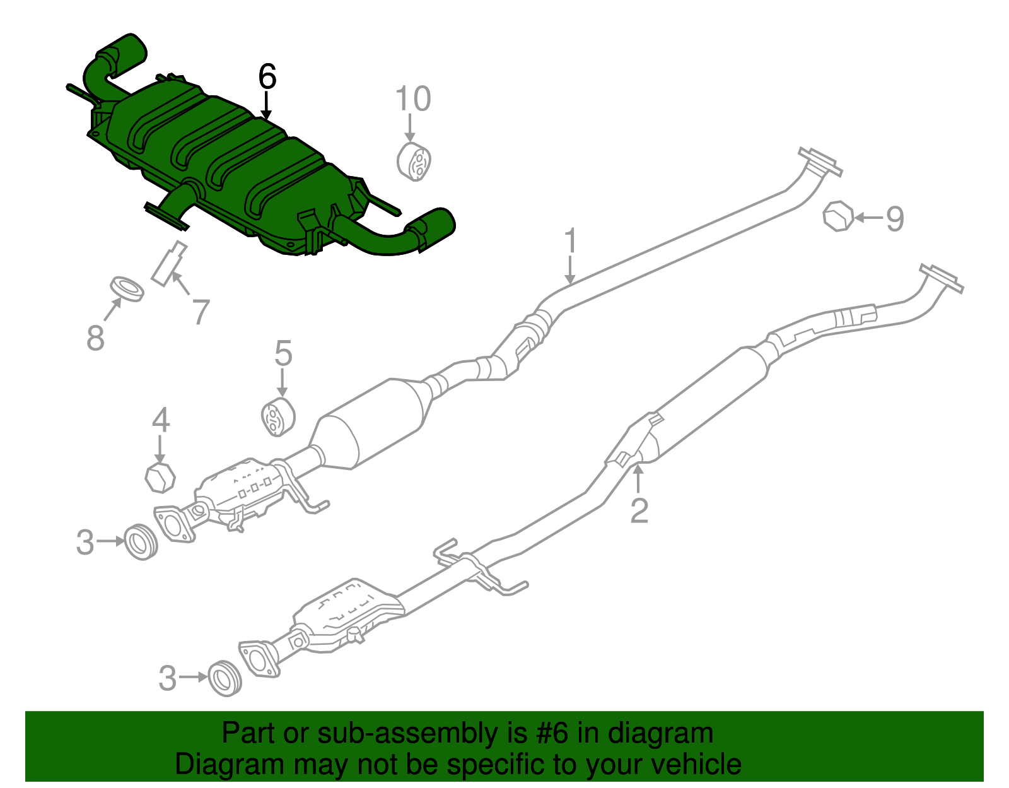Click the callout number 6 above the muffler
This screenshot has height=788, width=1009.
(x=267, y=78)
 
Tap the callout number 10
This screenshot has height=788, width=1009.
(x=413, y=100)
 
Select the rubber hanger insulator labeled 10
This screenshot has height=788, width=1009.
(x=414, y=162)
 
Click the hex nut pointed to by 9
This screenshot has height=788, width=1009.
(x=838, y=216)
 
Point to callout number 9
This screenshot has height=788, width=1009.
(x=895, y=218)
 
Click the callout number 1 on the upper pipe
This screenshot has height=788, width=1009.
(x=570, y=242)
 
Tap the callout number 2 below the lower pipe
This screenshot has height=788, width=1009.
(x=639, y=510)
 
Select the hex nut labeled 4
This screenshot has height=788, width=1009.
(x=160, y=478)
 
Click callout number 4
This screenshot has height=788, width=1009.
(x=161, y=420)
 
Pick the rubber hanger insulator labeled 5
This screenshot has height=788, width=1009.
(x=278, y=416)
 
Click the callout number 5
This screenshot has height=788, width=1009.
(x=283, y=353)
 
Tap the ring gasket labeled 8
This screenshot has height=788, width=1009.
(x=127, y=288)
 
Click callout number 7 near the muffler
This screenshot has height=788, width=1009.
(x=201, y=311)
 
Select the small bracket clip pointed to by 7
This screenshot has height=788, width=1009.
(x=169, y=264)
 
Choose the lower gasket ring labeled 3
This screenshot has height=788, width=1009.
(x=225, y=678)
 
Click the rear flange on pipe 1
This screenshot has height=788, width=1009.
(x=819, y=163)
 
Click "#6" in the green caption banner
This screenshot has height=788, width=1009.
(x=552, y=734)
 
